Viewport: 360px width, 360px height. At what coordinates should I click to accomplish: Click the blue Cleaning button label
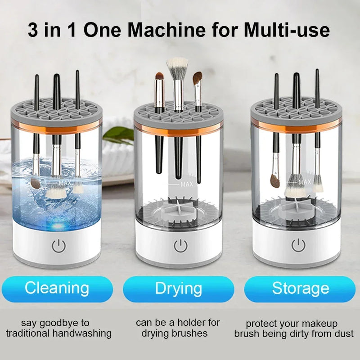57,288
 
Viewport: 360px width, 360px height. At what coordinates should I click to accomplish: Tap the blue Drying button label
178,288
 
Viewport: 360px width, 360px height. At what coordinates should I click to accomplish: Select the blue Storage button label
300,288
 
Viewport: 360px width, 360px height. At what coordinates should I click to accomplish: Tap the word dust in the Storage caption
344,334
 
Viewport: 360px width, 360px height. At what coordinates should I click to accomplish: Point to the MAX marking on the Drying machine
186,184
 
